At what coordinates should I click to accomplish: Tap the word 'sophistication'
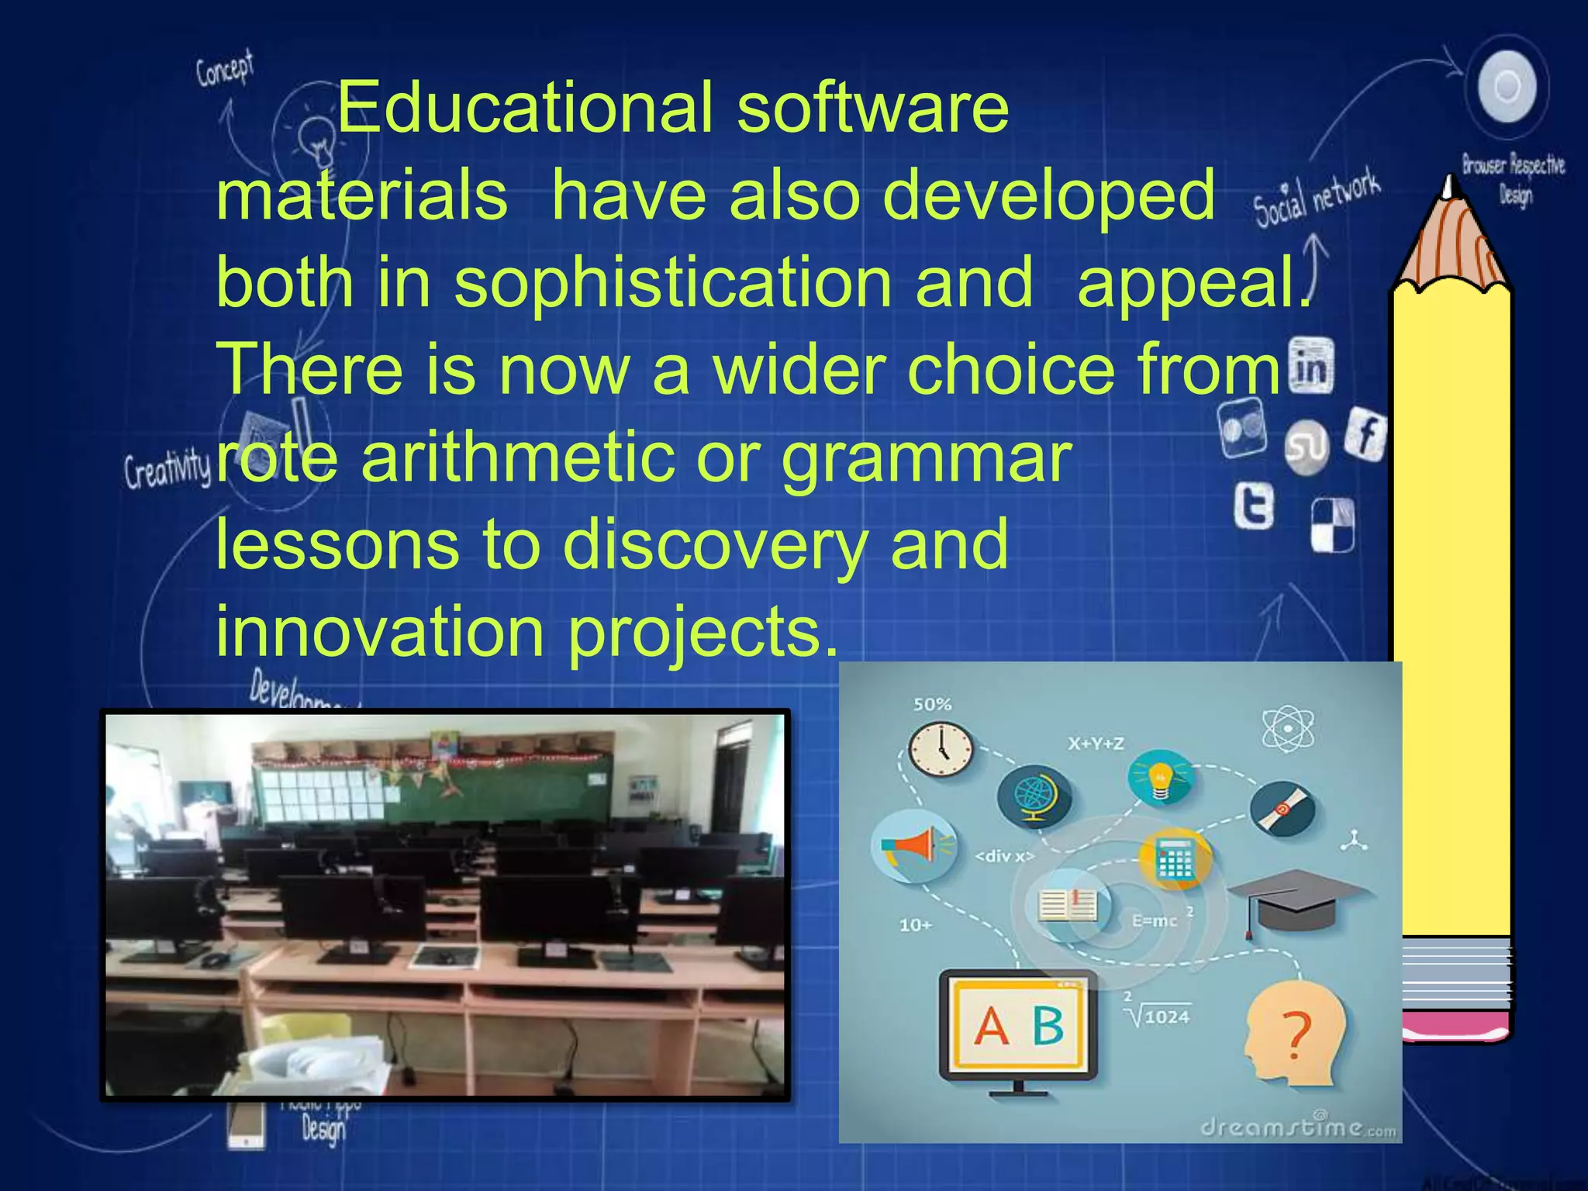(x=672, y=281)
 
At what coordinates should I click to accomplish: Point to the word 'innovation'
(x=380, y=632)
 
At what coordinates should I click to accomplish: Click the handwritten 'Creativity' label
(x=167, y=468)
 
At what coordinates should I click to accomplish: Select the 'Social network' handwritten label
(x=1317, y=198)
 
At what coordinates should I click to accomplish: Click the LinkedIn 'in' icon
(x=1311, y=366)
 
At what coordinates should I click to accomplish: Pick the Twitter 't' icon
(x=1255, y=506)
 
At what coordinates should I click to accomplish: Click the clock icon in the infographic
(x=941, y=749)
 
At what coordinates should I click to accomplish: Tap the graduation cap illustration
(x=1296, y=899)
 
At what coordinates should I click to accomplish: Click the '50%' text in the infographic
(x=932, y=704)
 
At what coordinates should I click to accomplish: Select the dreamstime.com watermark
(x=1296, y=1127)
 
